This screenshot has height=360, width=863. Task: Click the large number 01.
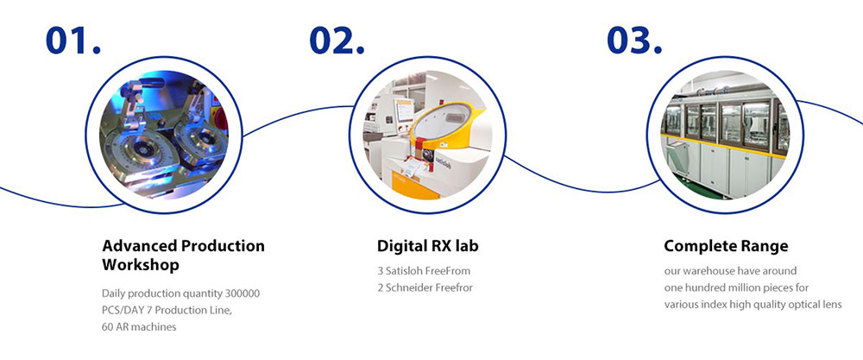pyautogui.click(x=73, y=41)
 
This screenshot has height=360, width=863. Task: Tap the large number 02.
pyautogui.click(x=337, y=41)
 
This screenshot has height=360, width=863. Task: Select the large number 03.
pyautogui.click(x=634, y=41)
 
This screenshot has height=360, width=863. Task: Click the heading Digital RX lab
pyautogui.click(x=428, y=245)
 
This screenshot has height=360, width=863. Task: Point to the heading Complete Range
pyautogui.click(x=726, y=246)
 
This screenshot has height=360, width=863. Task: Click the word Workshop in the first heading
pyautogui.click(x=141, y=265)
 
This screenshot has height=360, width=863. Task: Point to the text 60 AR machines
pyautogui.click(x=139, y=326)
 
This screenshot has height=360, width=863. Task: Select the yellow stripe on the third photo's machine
pyautogui.click(x=724, y=144)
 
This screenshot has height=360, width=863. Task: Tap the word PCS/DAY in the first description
pyautogui.click(x=120, y=310)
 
